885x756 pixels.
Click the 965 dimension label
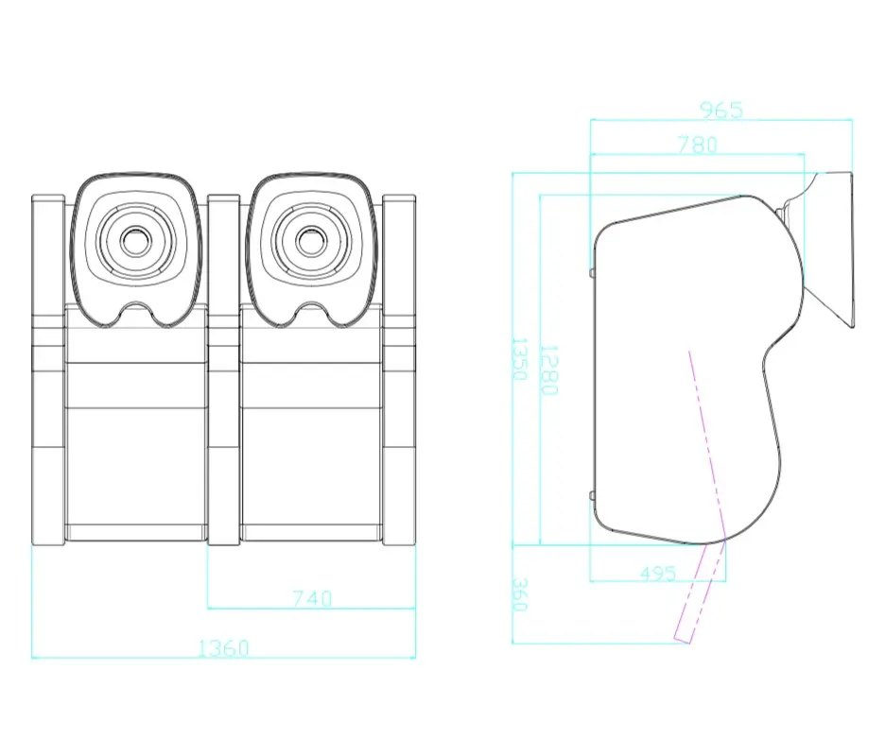pos(721,111)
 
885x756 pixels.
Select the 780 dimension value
pos(697,145)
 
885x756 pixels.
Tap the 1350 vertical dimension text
pos(519,358)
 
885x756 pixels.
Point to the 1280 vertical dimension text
pos(548,369)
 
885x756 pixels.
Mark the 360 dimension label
pos(519,594)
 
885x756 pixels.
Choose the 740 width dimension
pos(312,598)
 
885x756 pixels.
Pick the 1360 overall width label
pos(222,648)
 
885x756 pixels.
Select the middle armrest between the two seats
pos(223,369)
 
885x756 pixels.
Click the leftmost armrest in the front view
pos(47,369)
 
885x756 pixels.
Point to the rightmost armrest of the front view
pos(399,369)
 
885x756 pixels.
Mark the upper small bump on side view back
pos(591,272)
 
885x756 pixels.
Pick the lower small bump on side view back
pos(591,495)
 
